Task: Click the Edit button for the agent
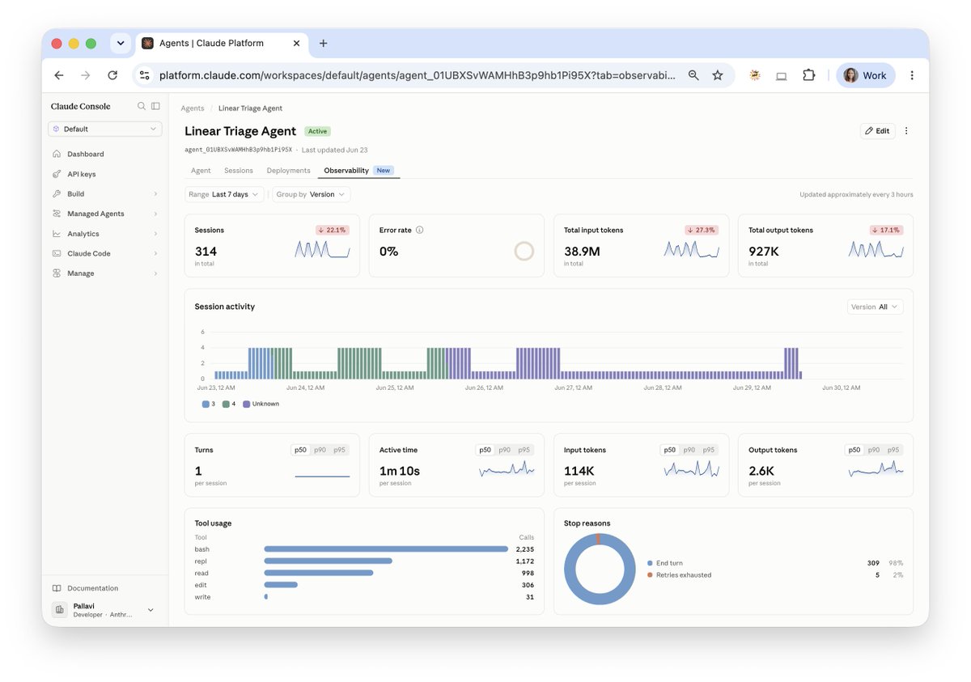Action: [877, 131]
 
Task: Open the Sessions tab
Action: [239, 170]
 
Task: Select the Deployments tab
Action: [288, 170]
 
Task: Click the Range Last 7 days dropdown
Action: [223, 194]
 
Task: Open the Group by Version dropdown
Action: [311, 194]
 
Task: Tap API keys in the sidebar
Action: [82, 174]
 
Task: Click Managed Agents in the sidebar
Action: [95, 214]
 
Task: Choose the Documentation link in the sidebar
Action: [92, 588]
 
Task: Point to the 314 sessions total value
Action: [206, 252]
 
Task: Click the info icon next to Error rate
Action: [420, 230]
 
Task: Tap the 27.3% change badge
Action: [702, 230]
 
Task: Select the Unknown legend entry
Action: [261, 404]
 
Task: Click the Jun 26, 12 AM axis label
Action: [484, 388]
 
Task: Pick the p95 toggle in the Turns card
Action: [339, 450]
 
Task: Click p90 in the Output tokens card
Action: [873, 450]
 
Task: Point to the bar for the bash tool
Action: [386, 549]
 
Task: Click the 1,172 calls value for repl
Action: [524, 561]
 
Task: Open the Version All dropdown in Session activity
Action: [876, 307]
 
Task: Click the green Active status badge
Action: [317, 131]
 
